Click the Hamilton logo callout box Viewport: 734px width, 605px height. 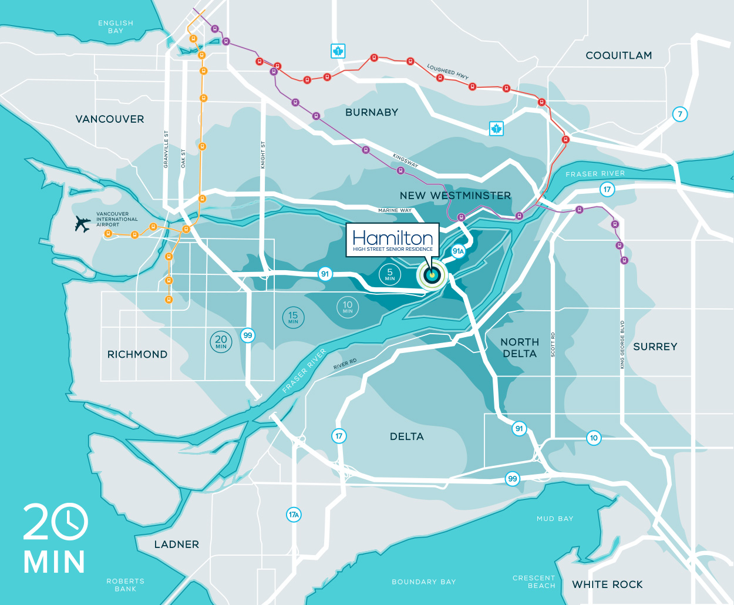(393, 240)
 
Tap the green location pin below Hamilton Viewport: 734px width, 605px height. (432, 275)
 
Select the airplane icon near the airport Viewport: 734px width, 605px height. (83, 224)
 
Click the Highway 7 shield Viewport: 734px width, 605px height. (680, 114)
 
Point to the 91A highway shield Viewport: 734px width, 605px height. (458, 251)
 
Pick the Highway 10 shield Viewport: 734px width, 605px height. (594, 438)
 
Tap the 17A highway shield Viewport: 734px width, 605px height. (294, 515)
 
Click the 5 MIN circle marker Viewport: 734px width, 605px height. (390, 274)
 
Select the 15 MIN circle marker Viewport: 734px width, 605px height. (293, 317)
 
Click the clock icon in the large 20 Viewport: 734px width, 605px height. (70, 521)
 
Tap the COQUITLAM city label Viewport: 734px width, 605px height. (619, 56)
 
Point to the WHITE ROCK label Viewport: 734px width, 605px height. (607, 584)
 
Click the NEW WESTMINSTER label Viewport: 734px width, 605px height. (455, 196)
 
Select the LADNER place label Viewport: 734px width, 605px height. (176, 544)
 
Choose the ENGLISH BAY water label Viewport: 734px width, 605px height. (116, 27)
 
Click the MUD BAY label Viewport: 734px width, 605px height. (555, 519)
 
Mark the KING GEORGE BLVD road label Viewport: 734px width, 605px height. (622, 345)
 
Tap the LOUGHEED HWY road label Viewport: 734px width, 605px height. (448, 72)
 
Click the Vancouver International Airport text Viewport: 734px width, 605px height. (117, 220)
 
